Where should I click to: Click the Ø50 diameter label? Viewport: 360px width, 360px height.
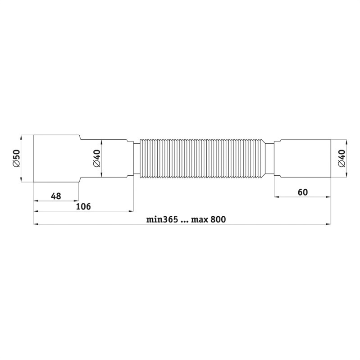(x=17, y=159)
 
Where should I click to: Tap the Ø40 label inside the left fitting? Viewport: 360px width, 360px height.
(x=97, y=159)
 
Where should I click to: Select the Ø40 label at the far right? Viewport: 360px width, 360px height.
(x=342, y=159)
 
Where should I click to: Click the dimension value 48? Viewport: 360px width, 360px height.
(x=56, y=196)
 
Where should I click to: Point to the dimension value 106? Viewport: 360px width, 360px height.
(x=83, y=206)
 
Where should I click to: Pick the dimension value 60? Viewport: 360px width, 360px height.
(x=303, y=192)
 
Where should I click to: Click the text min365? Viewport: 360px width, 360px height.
(x=162, y=219)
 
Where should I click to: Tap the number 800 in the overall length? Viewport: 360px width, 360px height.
(x=218, y=219)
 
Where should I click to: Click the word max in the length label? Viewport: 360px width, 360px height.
(x=200, y=220)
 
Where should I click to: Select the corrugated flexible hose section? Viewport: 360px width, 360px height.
(x=202, y=159)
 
